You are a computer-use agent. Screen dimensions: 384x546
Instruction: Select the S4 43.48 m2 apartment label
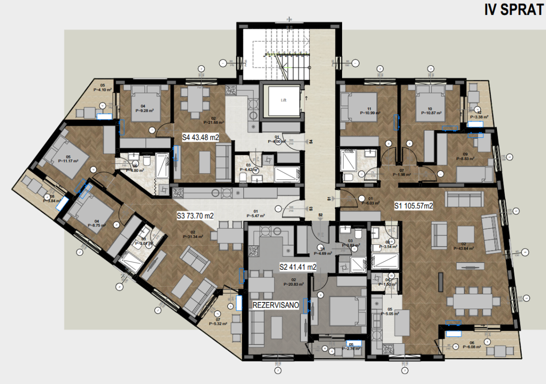201,137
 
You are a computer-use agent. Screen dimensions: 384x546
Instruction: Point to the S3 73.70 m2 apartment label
195,216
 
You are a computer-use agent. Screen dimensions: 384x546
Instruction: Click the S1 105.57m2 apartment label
414,206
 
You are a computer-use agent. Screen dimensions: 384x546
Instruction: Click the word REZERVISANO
276,305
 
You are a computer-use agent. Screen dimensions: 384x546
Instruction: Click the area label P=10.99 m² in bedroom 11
370,113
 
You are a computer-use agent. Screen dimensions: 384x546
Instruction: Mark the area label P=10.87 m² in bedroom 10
431,113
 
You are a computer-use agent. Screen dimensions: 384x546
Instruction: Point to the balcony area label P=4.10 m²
102,89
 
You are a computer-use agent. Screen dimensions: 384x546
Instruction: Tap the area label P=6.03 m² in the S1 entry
370,203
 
